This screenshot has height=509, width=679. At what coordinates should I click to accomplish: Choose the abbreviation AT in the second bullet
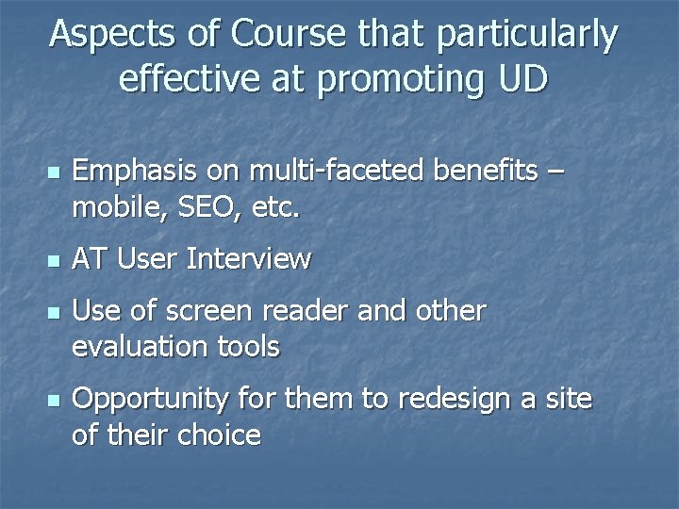[x=90, y=259]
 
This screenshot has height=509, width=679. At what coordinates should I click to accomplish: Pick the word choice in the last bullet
[x=223, y=435]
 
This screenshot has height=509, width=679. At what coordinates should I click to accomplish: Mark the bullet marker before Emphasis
[x=55, y=173]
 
